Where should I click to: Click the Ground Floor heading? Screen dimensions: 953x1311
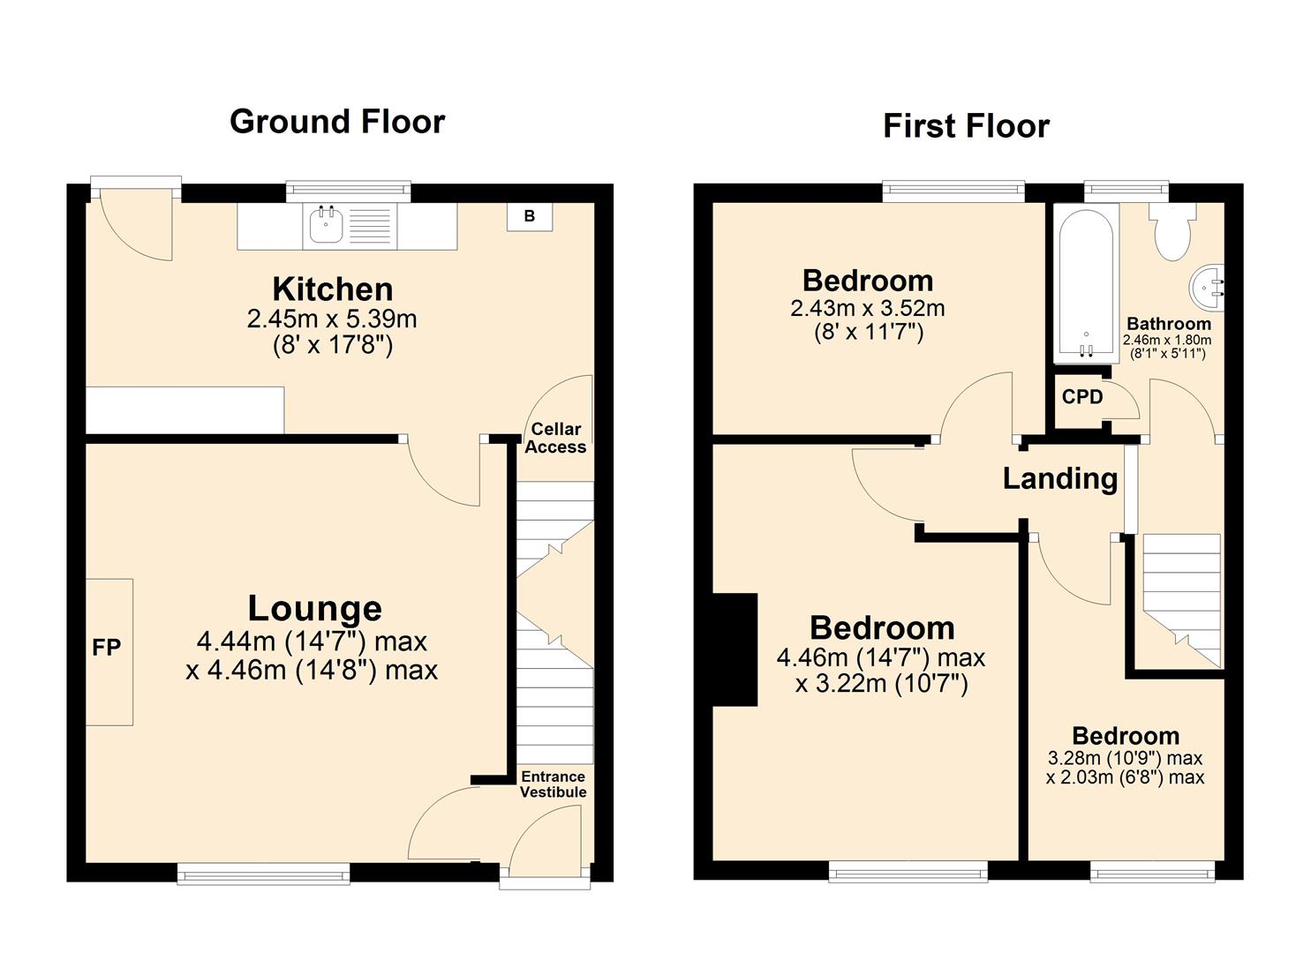[x=336, y=122]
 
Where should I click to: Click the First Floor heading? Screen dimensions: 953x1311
[x=966, y=126]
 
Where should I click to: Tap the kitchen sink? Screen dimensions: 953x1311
[x=326, y=225]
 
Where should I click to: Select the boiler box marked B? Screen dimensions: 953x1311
[x=529, y=216]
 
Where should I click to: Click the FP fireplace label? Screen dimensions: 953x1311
[x=107, y=648]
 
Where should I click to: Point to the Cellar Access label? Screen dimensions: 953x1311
[x=555, y=438]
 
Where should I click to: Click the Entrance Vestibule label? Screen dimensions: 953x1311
[x=553, y=784]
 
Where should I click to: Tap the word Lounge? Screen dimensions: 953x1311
[x=314, y=608]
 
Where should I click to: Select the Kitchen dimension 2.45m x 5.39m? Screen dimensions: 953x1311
[x=332, y=319]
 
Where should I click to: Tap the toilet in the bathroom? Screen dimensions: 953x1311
[x=1172, y=231]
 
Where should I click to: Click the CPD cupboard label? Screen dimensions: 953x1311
[x=1082, y=397]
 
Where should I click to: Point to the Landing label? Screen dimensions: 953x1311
[x=1059, y=478]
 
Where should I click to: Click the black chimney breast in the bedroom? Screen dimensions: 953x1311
[x=735, y=649]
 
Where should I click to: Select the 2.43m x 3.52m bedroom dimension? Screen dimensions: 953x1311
[x=867, y=309]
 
